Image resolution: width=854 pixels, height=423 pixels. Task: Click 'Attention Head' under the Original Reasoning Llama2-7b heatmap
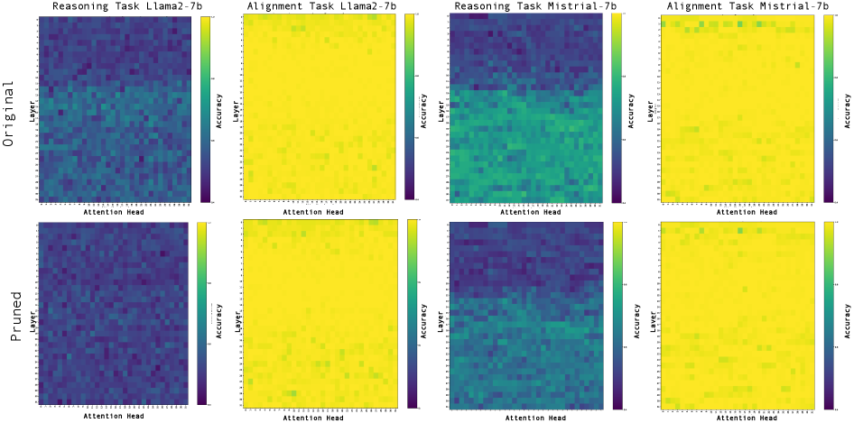(x=114, y=213)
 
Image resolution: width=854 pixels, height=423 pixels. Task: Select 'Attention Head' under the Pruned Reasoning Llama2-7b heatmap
(x=114, y=417)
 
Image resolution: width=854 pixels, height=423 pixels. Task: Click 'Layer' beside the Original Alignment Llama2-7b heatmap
(x=238, y=115)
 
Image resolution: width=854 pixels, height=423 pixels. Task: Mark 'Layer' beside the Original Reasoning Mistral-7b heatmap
(x=441, y=115)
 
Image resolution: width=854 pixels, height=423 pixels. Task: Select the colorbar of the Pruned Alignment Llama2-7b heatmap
(x=413, y=315)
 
